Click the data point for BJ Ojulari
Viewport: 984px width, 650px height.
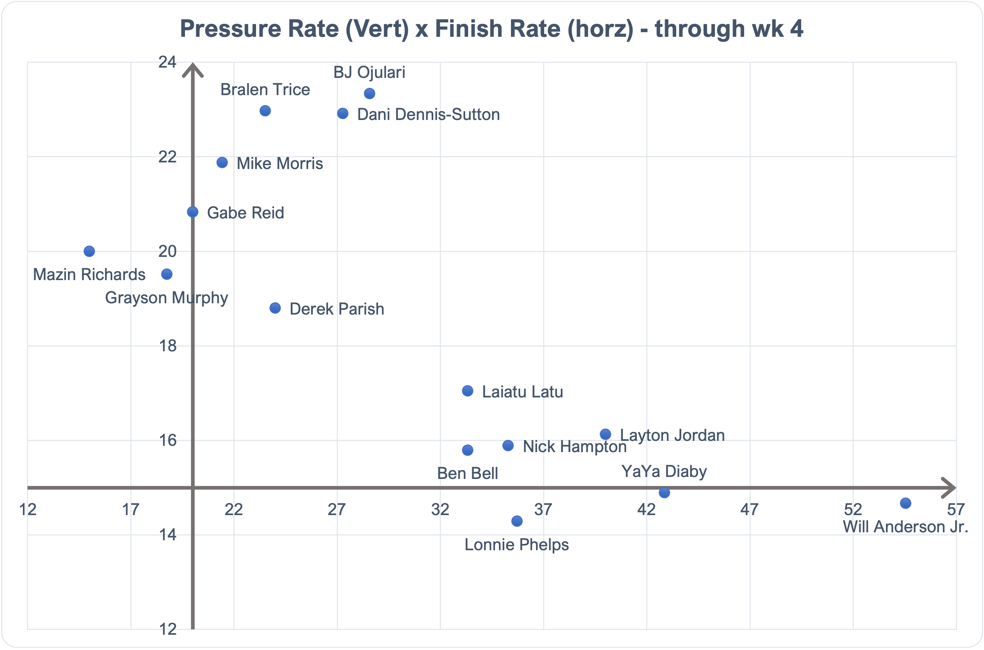[x=369, y=94]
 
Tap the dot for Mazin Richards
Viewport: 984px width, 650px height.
[x=89, y=251]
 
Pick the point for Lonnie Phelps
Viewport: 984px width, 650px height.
[x=517, y=521]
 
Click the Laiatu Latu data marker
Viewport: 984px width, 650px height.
[x=467, y=391]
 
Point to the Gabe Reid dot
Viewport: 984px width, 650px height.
[x=192, y=212]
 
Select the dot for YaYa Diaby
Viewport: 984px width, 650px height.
[x=664, y=493]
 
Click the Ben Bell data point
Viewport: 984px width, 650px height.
[x=467, y=450]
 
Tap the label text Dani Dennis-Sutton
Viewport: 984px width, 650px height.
[x=428, y=115]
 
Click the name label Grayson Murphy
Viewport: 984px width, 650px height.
[x=167, y=298]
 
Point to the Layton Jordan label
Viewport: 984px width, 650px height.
[x=672, y=436]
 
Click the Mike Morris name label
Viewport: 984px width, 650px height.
[x=280, y=164]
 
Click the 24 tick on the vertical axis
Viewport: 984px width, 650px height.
[x=167, y=63]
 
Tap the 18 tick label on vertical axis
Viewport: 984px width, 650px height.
[x=167, y=346]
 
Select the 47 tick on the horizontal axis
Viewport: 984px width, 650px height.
[x=749, y=509]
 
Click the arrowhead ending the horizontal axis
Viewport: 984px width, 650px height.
[x=949, y=488]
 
